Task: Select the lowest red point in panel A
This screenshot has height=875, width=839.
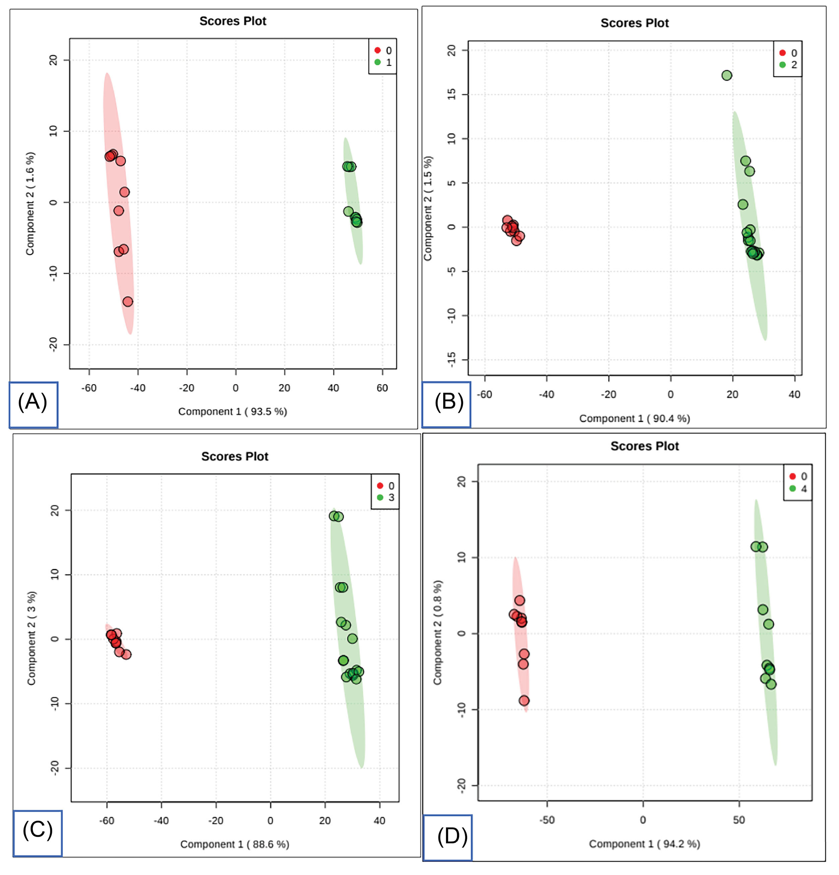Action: click(128, 302)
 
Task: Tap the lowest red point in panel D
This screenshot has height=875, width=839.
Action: click(524, 700)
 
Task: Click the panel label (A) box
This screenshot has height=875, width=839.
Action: click(34, 404)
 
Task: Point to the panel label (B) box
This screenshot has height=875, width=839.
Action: click(446, 404)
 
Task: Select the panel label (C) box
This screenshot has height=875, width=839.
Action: click(38, 833)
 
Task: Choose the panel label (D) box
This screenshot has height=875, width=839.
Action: click(448, 837)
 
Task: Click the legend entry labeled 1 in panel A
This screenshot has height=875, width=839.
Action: click(383, 62)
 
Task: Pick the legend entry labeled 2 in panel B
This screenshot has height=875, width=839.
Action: click(788, 65)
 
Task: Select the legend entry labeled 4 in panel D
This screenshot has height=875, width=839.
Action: click(798, 488)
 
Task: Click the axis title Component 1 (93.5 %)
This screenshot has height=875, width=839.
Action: click(233, 412)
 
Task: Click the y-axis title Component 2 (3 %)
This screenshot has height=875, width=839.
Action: click(31, 638)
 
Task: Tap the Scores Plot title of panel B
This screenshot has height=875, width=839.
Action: click(635, 23)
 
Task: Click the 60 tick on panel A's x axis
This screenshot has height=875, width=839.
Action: click(382, 388)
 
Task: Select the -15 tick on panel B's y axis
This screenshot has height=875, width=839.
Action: click(452, 360)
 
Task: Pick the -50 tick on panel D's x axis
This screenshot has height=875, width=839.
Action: click(547, 820)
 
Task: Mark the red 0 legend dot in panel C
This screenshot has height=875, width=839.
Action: click(380, 486)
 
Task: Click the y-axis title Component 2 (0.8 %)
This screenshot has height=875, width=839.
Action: click(437, 633)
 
